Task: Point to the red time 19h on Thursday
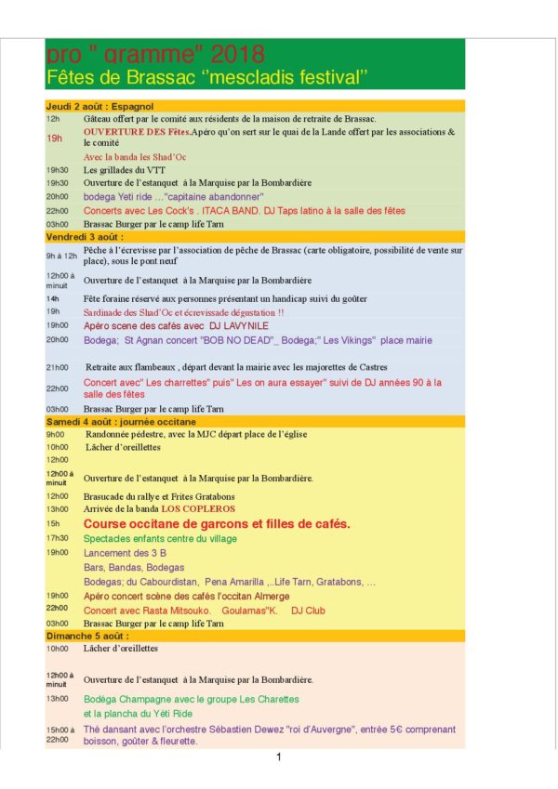[x=55, y=138]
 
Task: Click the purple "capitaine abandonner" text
[x=213, y=197]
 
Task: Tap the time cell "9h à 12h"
[x=60, y=256]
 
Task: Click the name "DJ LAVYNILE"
[x=237, y=326]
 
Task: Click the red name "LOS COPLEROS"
[x=198, y=509]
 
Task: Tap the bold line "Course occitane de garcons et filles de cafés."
[x=217, y=524]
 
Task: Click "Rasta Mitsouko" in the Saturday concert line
[x=179, y=611]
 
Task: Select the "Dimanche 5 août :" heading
[x=87, y=636]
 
